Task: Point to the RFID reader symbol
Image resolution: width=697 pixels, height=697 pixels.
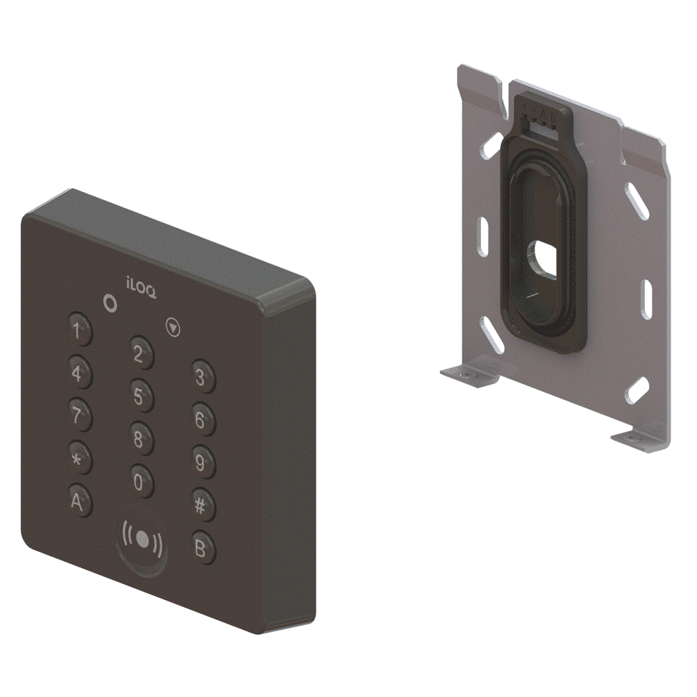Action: click(142, 539)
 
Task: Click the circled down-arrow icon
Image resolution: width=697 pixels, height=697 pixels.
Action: click(174, 325)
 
